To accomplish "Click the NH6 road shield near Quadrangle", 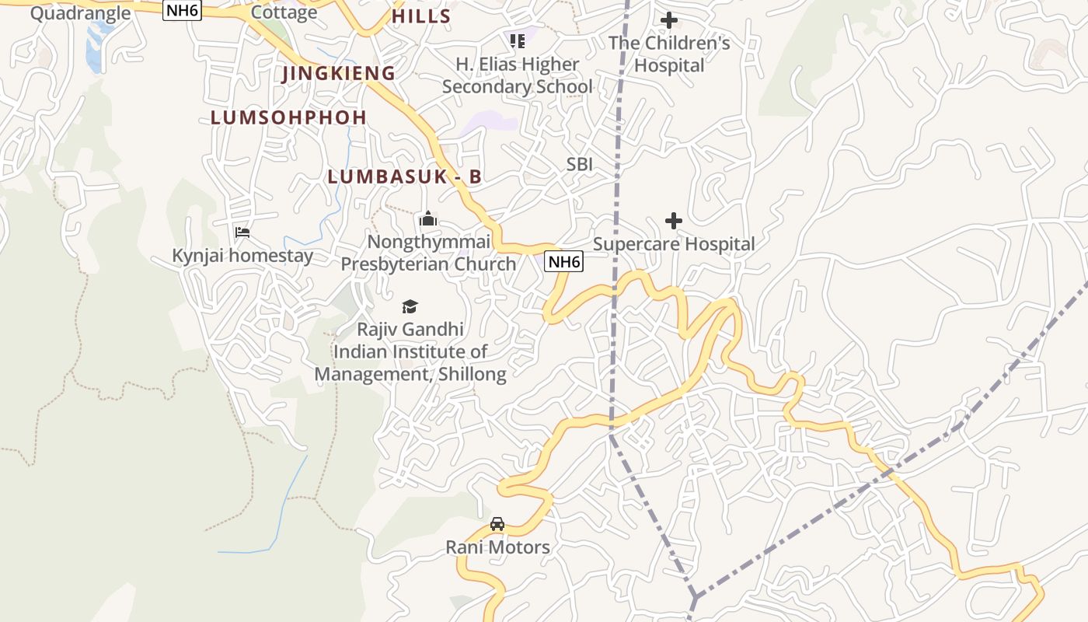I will click(182, 10).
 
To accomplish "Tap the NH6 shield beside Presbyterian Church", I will click(563, 262).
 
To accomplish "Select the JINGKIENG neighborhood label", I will click(339, 73).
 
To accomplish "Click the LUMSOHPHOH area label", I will click(288, 117).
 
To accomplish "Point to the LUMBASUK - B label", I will click(404, 176).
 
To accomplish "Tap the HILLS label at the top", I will click(421, 16).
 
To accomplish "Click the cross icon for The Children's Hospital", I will click(668, 20).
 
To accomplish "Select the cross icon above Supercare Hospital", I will click(674, 222).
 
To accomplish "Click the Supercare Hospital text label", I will click(674, 244).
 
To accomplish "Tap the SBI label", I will click(580, 164).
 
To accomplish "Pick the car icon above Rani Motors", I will click(497, 524).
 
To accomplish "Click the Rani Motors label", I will click(497, 547).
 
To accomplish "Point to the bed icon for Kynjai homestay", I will click(242, 232).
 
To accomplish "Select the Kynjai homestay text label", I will click(242, 256).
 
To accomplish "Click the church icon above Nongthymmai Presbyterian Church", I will click(428, 219).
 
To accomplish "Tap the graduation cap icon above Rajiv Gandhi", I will click(410, 307).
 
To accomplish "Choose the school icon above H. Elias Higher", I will click(517, 40).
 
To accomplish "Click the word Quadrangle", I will click(80, 12).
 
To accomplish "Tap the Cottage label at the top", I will click(284, 12).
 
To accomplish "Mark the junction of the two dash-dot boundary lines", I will click(694, 597).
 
